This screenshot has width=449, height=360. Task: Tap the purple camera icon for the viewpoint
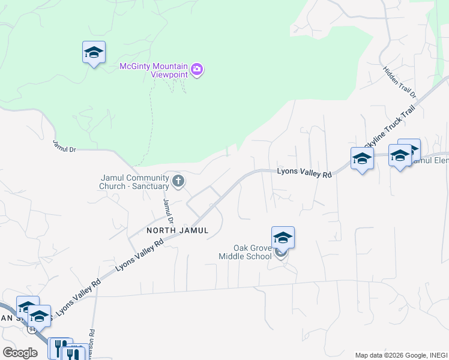pyautogui.click(x=197, y=70)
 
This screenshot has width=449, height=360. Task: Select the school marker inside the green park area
pyautogui.click(x=94, y=53)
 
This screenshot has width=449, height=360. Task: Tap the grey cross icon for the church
pyautogui.click(x=178, y=181)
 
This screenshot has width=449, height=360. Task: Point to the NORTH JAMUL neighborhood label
pyautogui.click(x=178, y=230)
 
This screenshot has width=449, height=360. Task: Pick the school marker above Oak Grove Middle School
pyautogui.click(x=283, y=238)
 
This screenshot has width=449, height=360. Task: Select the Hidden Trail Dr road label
pyautogui.click(x=400, y=83)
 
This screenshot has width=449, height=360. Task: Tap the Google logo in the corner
pyautogui.click(x=20, y=353)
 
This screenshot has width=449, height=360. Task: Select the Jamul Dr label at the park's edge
pyautogui.click(x=64, y=146)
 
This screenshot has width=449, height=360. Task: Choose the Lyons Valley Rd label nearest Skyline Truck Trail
pyautogui.click(x=304, y=173)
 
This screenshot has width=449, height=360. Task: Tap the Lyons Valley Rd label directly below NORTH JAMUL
pyautogui.click(x=139, y=257)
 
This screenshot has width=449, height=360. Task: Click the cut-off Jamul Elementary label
pyautogui.click(x=432, y=161)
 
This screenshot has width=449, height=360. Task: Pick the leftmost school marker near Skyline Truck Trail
pyautogui.click(x=362, y=159)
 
